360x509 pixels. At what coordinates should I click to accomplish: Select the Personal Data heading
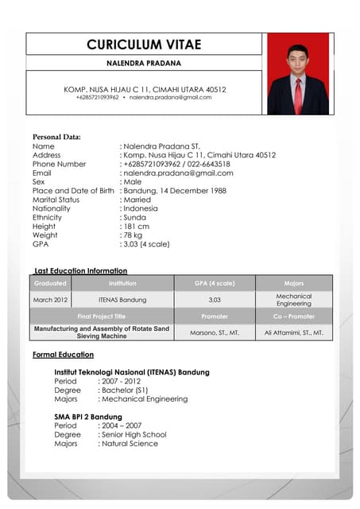[56, 137]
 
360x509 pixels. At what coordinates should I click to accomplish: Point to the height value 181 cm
[136, 226]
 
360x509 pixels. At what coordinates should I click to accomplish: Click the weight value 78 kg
[133, 235]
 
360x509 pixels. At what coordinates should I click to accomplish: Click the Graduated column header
[50, 283]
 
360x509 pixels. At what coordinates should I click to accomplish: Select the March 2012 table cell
[50, 300]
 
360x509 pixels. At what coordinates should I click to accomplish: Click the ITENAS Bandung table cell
[122, 300]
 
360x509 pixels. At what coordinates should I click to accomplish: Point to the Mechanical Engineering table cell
[294, 300]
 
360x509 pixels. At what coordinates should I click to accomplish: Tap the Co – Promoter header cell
[294, 317]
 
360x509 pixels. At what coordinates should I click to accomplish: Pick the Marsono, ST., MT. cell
[215, 332]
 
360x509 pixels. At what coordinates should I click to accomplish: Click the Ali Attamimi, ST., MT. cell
[294, 332]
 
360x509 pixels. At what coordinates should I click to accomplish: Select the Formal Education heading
[63, 355]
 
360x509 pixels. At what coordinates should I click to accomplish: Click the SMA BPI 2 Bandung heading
[88, 417]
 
